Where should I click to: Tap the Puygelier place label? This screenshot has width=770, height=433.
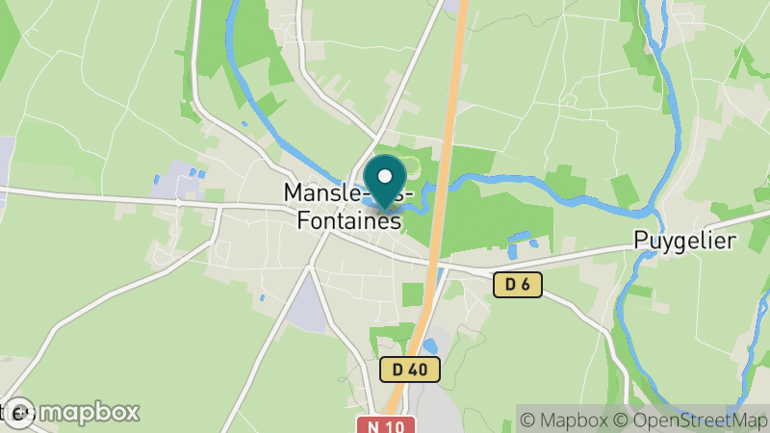point(683,241)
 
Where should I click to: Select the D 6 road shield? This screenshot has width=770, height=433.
point(518,284)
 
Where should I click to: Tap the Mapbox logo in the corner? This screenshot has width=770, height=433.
point(72,412)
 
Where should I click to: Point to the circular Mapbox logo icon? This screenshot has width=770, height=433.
point(19,412)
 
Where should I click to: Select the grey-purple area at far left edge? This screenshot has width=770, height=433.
point(6,159)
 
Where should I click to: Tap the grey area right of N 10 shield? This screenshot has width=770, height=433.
point(443,409)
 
